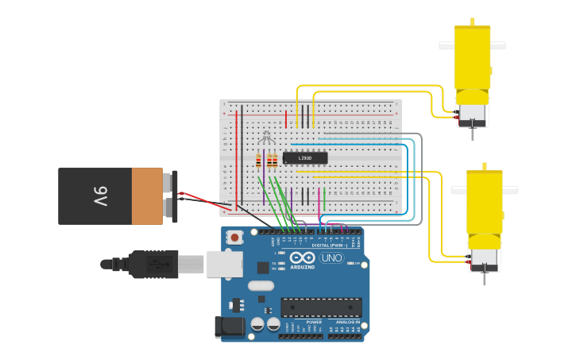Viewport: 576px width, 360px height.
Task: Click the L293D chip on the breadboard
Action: [x=305, y=158]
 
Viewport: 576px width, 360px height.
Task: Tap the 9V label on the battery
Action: [x=100, y=195]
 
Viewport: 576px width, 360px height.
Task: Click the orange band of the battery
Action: [x=147, y=195]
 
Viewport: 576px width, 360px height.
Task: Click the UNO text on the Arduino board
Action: [x=332, y=258]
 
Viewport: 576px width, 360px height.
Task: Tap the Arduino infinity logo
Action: [x=303, y=258]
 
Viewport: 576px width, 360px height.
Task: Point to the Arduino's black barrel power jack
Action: [x=230, y=327]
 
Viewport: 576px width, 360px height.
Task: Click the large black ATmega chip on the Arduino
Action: [x=321, y=308]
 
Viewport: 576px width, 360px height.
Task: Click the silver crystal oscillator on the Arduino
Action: [x=261, y=285]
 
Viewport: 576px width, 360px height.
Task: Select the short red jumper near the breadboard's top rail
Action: [x=286, y=119]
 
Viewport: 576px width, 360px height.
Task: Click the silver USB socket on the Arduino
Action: [x=224, y=264]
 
